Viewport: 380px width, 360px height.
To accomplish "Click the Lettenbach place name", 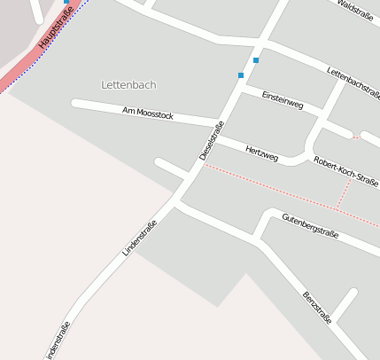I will tap(128, 85).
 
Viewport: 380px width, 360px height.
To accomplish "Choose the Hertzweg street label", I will tap(262, 153).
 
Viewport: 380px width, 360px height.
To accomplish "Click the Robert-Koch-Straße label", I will tap(345, 170).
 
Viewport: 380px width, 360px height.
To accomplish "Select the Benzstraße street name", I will tap(317, 307).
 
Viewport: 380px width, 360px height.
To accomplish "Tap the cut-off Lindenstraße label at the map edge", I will tap(56, 342).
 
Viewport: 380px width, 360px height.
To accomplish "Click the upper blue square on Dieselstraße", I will tap(256, 60).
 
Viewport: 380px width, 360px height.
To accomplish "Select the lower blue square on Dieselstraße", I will tap(240, 75).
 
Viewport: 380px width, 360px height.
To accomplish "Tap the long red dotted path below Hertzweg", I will tap(275, 185).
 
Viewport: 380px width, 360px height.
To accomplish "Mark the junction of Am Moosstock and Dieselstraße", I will tap(219, 121).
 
